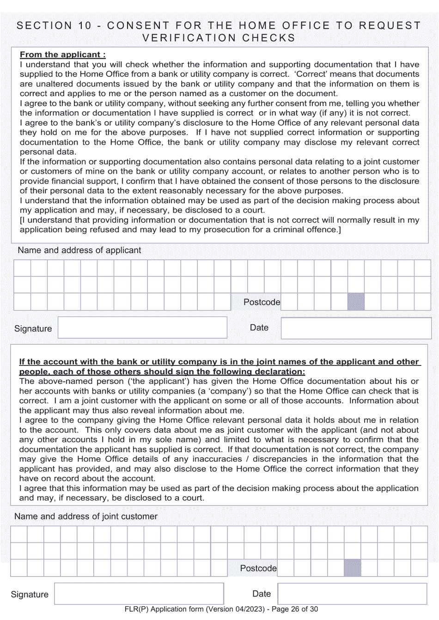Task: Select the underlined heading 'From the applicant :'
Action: [x=63, y=55]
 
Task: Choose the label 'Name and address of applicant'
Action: [x=79, y=250]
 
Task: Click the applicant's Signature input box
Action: [x=142, y=328]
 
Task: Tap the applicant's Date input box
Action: [x=355, y=328]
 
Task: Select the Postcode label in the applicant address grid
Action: [x=262, y=302]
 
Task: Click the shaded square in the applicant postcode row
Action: [x=356, y=302]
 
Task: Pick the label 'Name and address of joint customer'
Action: [x=86, y=516]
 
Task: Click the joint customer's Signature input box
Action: [x=139, y=594]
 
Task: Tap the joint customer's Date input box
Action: [x=352, y=594]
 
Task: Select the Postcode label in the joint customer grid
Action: [x=258, y=568]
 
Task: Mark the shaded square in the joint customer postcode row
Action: [x=352, y=568]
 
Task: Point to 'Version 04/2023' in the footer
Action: [x=236, y=609]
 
